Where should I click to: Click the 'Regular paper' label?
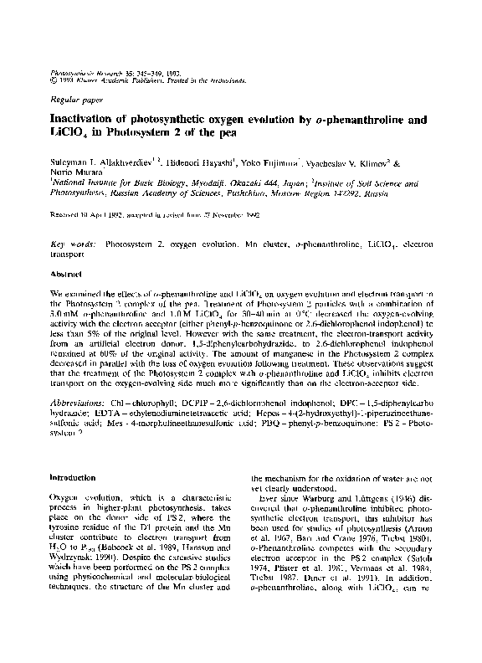click(72, 98)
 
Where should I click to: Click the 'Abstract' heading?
click(64, 274)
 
